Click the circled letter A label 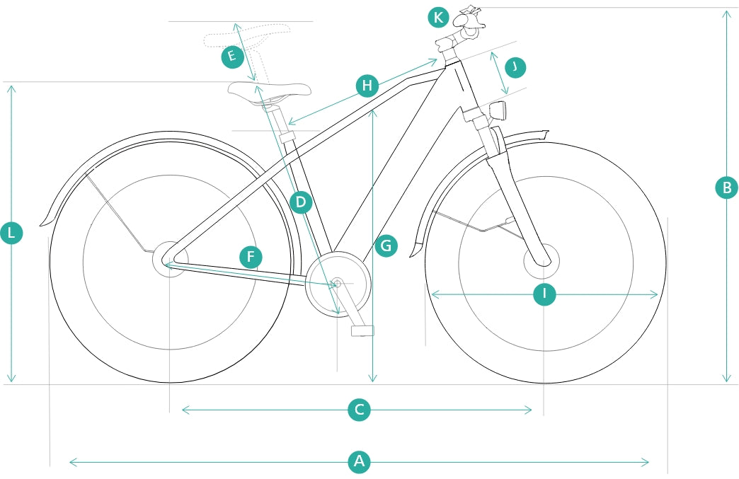click(x=360, y=462)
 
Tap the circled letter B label click(x=726, y=187)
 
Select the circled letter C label click(x=360, y=410)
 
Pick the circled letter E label click(x=232, y=57)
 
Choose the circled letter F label click(x=251, y=257)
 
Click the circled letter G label click(x=386, y=246)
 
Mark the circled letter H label click(x=367, y=86)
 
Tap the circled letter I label click(x=544, y=294)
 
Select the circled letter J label click(x=515, y=67)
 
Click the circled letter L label click(x=11, y=233)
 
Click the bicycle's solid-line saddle click(x=269, y=91)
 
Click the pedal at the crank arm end click(x=362, y=330)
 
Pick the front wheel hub click(x=542, y=260)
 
